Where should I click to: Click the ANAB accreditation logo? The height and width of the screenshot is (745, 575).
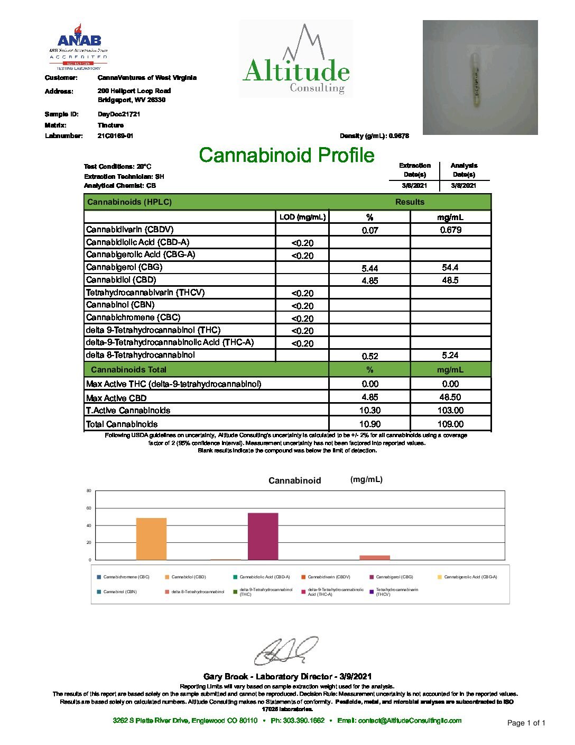[x=79, y=47]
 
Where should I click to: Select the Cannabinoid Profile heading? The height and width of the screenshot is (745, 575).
[x=286, y=155]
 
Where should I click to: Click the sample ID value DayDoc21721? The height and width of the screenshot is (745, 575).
[x=119, y=114]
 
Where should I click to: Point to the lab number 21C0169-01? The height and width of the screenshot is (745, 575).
[x=115, y=136]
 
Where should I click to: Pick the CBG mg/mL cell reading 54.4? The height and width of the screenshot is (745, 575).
[x=450, y=268]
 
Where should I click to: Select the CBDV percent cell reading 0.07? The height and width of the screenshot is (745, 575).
[x=369, y=230]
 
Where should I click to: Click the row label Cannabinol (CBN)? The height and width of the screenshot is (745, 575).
[x=120, y=305]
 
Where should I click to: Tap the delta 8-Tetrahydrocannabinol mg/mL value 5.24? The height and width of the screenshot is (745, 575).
[x=450, y=356]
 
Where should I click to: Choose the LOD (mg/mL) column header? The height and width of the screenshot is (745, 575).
[x=302, y=217]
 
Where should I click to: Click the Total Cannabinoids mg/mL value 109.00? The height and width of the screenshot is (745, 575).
[x=450, y=424]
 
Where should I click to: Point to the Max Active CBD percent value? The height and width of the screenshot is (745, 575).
[x=369, y=397]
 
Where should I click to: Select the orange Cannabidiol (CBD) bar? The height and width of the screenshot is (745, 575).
[x=151, y=539]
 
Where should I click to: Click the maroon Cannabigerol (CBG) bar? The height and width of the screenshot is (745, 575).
[x=263, y=536]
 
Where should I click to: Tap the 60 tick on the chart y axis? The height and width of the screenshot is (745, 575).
[x=89, y=508]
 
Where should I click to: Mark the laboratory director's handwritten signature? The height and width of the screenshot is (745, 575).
[x=286, y=651]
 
